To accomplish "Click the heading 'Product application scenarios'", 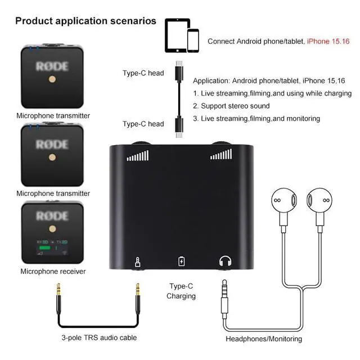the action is pyautogui.click(x=85, y=21).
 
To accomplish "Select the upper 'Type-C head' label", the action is pyautogui.click(x=143, y=73).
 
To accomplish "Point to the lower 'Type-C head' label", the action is pyautogui.click(x=143, y=124).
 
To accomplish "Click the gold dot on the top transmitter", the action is pyautogui.click(x=52, y=80).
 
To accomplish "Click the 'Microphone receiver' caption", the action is pyautogui.click(x=53, y=271).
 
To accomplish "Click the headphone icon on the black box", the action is pyautogui.click(x=226, y=261).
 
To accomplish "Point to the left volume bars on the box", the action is pyautogui.click(x=138, y=155).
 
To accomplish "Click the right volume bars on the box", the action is pyautogui.click(x=221, y=155).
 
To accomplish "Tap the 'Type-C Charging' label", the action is pyautogui.click(x=181, y=291).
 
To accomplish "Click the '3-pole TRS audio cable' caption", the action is pyautogui.click(x=99, y=337).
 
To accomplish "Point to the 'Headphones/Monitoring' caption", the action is pyautogui.click(x=264, y=339).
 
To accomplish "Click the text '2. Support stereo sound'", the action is pyautogui.click(x=231, y=106).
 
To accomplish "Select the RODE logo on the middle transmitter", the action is pyautogui.click(x=52, y=145).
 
